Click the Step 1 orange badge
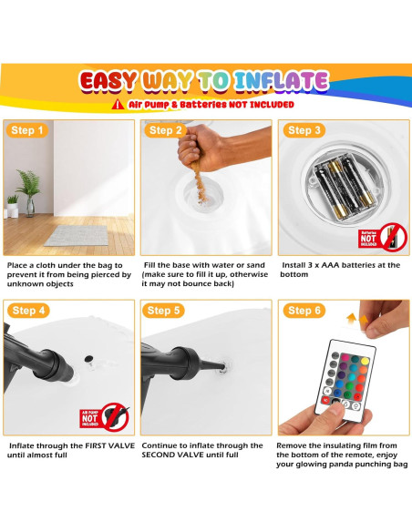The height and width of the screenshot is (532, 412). pyautogui.click(x=27, y=130)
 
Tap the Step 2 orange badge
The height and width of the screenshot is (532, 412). pyautogui.click(x=165, y=130)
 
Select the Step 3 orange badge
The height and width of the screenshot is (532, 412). pyautogui.click(x=304, y=130)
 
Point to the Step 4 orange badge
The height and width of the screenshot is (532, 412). pyautogui.click(x=28, y=311)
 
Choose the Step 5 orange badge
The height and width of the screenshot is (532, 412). pyautogui.click(x=163, y=311)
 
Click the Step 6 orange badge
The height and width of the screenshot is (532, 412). pyautogui.click(x=304, y=311)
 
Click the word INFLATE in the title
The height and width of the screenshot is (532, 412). pyautogui.click(x=282, y=81)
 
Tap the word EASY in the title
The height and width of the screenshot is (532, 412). pyautogui.click(x=108, y=82)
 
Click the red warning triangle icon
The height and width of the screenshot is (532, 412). pyautogui.click(x=118, y=105)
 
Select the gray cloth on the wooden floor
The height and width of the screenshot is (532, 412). pyautogui.click(x=77, y=236)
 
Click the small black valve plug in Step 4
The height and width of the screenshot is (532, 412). pyautogui.click(x=89, y=358)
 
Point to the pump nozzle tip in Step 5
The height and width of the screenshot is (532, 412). pyautogui.click(x=222, y=366)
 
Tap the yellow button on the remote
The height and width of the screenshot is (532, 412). pyautogui.click(x=365, y=361)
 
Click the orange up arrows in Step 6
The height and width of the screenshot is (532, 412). pyautogui.click(x=357, y=319)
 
